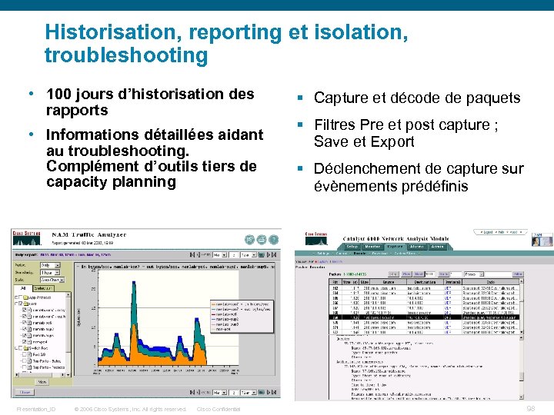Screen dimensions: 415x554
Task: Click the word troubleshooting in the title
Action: coord(125,55)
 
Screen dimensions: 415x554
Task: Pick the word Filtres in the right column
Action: coord(338,124)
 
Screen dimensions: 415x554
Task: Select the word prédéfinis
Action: coord(434,185)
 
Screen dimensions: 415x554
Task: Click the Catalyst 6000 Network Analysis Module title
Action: coord(398,239)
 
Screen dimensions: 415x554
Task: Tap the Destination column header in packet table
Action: coord(419,283)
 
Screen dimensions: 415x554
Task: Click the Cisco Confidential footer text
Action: coord(219,409)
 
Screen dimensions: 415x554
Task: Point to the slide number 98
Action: coord(531,408)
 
